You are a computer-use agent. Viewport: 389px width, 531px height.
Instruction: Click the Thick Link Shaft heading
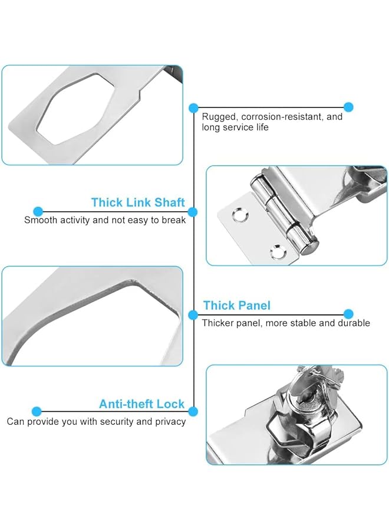click(x=138, y=202)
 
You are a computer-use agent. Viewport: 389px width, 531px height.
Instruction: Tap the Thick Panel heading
click(x=236, y=305)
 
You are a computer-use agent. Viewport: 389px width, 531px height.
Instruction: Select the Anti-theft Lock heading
click(x=141, y=404)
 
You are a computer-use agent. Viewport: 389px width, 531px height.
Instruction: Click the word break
click(x=173, y=220)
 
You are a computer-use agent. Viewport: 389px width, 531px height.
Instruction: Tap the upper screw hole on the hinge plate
click(x=238, y=215)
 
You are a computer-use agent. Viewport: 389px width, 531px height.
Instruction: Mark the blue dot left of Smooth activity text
click(x=38, y=211)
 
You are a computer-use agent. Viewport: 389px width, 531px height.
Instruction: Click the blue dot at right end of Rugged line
click(x=348, y=107)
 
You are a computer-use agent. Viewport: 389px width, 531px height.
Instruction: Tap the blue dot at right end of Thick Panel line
click(x=348, y=314)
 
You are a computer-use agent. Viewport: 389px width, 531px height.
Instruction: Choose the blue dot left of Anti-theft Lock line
click(x=37, y=411)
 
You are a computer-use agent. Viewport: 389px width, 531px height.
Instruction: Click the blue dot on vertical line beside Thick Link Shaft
click(x=193, y=211)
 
